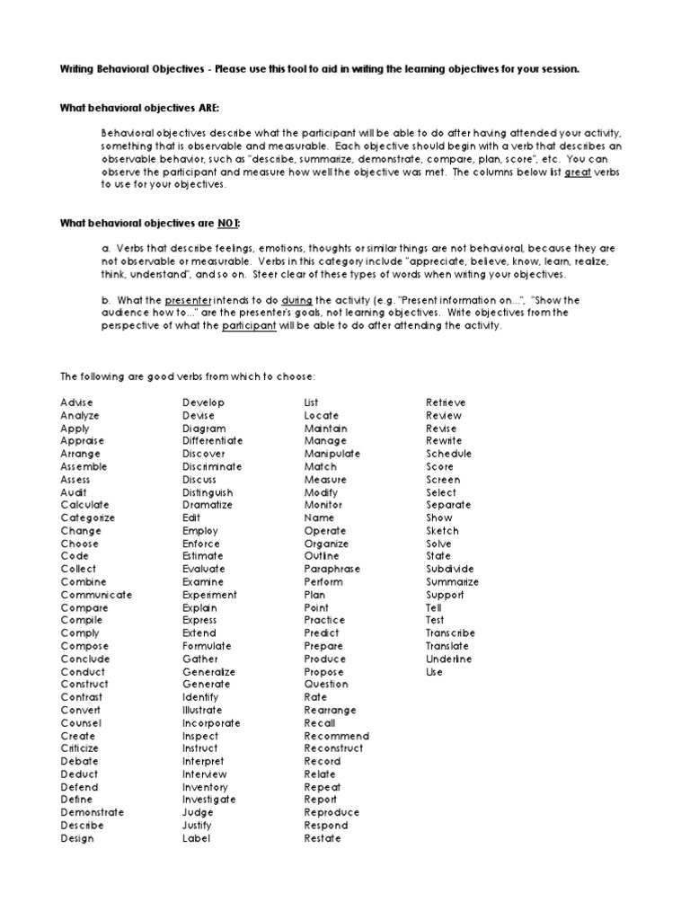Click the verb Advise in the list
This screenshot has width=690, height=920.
pos(76,402)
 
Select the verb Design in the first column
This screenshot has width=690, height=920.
pos(77,838)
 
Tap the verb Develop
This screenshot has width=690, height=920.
pos(203,402)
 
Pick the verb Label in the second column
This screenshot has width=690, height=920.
pos(196,838)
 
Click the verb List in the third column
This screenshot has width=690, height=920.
pos(312,402)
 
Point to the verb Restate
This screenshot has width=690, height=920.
pos(323,838)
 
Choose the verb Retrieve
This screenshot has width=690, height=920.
pos(446,402)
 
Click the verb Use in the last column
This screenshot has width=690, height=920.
pos(434,671)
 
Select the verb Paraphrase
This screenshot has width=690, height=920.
pos(332,569)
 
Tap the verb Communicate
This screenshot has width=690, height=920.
pos(96,595)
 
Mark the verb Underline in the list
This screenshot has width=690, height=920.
pos(448,659)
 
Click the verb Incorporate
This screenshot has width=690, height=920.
pos(211,722)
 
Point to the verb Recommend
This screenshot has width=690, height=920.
pos(336,736)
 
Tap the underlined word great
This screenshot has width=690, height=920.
pos(578,171)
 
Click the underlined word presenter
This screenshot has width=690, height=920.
pos(188,299)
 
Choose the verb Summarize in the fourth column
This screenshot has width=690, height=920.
pos(452,581)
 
